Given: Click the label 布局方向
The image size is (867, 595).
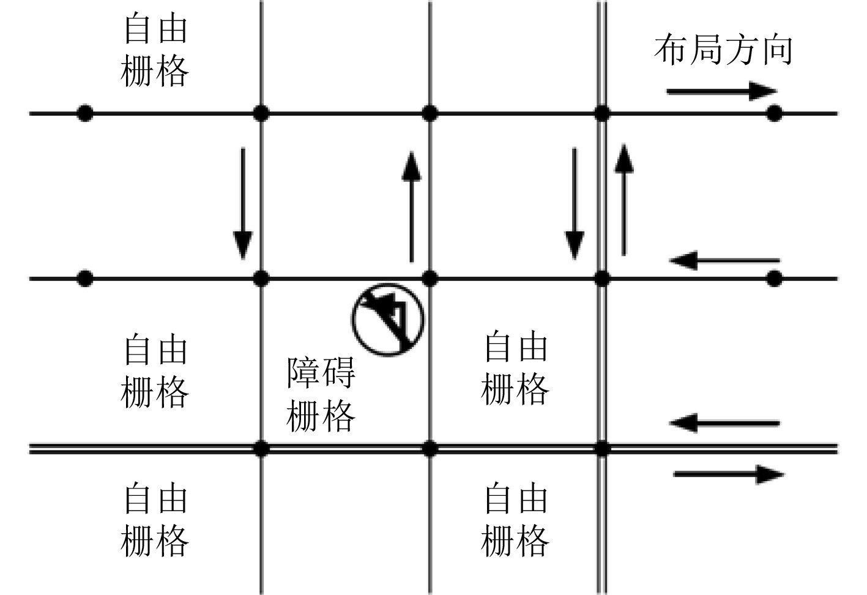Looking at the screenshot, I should pos(723,50).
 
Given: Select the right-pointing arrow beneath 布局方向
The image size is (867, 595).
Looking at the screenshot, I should pos(721,92).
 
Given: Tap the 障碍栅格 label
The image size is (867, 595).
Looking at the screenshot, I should pos(321,395).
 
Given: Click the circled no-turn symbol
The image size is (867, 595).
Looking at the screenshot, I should pos(388,319).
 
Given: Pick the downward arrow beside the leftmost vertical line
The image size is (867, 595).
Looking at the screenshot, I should pos(243,203).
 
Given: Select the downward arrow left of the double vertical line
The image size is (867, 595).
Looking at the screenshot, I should pos(574,203).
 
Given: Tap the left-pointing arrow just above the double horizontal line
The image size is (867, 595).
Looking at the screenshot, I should pos(725,423).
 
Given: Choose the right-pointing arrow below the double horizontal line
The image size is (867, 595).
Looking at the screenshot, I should pos(728,474).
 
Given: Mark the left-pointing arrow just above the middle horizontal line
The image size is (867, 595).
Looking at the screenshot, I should pos(724,261).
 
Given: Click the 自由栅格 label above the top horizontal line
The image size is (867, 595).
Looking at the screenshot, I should pos(155,50).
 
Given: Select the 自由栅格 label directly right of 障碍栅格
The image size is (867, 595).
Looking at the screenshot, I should pos(515,369).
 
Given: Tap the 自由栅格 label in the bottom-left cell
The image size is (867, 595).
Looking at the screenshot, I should pos(155,520).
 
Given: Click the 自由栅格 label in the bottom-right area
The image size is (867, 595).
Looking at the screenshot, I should pos(515,520).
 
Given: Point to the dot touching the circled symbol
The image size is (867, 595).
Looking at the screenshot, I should pos(430,279).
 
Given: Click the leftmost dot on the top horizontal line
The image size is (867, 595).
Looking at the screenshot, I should pos(85,113).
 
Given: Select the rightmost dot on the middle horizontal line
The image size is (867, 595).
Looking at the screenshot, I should pos(775,279).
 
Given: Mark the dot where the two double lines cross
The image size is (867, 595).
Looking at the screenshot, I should pos(602,449).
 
